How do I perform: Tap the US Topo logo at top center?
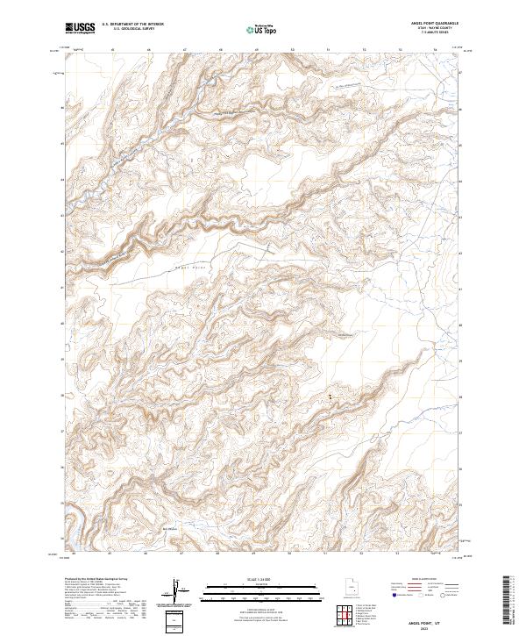coord(264,29)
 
